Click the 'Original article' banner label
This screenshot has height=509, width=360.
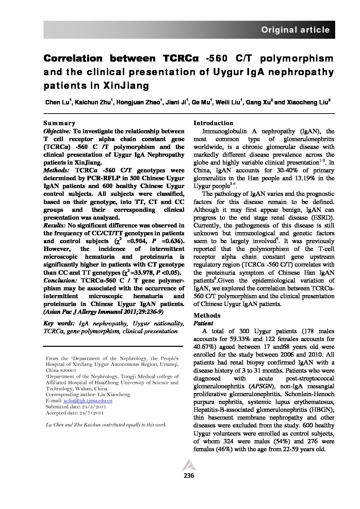pyautogui.click(x=295, y=30)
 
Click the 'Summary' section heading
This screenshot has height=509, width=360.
pyautogui.click(x=59, y=123)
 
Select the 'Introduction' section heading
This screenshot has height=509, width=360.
pyautogui.click(x=213, y=123)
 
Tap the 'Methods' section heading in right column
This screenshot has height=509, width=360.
pyautogui.click(x=207, y=315)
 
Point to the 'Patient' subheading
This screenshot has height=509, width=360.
pyautogui.click(x=203, y=323)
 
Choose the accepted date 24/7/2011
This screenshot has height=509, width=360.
pyautogui.click(x=91, y=413)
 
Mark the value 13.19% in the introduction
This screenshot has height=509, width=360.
pyautogui.click(x=304, y=178)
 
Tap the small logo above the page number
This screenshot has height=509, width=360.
pyautogui.click(x=186, y=465)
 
